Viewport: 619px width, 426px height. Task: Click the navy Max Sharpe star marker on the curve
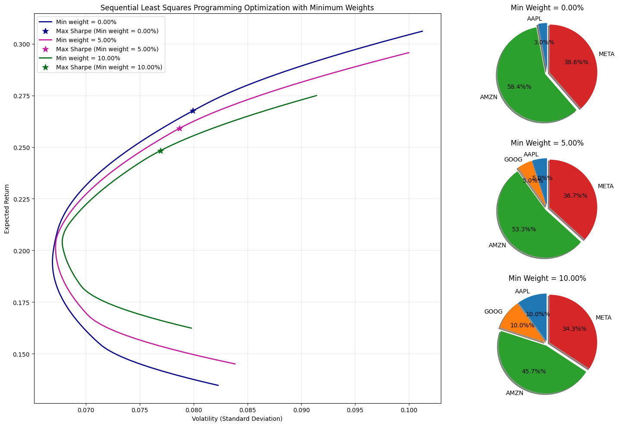193,111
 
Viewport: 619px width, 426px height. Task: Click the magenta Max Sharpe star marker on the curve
179,128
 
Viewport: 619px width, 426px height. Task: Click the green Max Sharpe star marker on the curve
160,151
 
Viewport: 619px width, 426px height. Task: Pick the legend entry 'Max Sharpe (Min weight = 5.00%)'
107,49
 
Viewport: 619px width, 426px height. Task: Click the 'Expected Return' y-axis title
7,209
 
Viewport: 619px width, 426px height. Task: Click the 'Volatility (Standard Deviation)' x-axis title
237,419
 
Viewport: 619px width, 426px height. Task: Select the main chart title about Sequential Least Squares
237,7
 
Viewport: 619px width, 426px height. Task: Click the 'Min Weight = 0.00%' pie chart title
547,8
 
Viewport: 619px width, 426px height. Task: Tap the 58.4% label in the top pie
519,87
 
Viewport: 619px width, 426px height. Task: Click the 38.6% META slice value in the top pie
576,62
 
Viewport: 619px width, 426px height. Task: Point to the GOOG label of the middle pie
513,160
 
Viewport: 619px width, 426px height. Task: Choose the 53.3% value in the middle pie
524,229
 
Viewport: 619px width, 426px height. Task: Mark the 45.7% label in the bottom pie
534,371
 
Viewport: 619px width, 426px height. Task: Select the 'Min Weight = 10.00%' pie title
547,278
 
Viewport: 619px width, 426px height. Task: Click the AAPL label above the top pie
534,19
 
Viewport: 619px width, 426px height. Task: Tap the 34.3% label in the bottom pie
574,329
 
